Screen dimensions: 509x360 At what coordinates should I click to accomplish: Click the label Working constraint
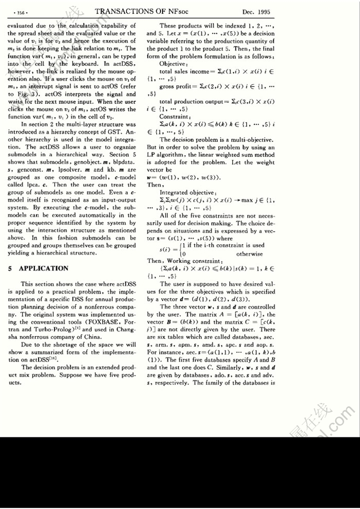click(188, 261)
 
